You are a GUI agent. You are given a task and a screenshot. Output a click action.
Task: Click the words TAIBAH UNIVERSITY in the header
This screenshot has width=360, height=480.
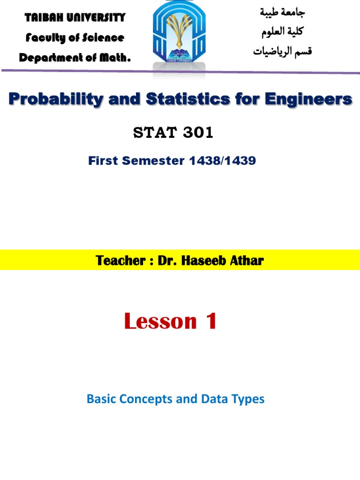75,18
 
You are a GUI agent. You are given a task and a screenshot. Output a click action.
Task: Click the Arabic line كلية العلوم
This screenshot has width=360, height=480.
281,32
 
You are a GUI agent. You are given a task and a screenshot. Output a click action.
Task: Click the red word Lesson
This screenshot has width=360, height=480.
160,322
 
